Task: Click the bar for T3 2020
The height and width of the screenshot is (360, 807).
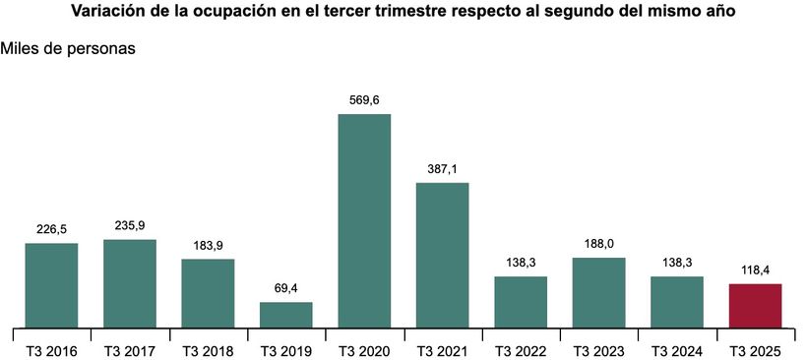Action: pos(364,220)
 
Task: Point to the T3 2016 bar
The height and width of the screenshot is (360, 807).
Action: pos(51,284)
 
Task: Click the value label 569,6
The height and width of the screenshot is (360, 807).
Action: pos(364,100)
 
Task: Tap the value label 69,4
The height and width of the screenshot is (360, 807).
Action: pos(286,288)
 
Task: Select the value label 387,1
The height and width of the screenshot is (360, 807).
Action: pos(442,169)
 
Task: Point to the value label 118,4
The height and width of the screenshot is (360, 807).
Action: pos(755,270)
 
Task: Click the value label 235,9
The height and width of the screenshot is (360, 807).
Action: pos(129,225)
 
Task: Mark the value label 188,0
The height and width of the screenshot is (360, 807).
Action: pos(598,244)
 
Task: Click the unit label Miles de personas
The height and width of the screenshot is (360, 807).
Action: pos(69,47)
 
